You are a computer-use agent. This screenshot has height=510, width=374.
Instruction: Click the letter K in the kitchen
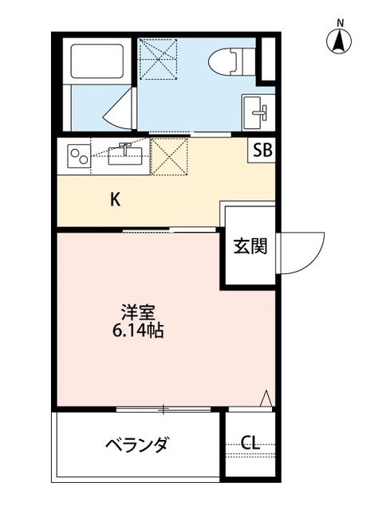(x=116, y=200)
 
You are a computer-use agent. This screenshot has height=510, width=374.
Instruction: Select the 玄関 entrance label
(x=250, y=246)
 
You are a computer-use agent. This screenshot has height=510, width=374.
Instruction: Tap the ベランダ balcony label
(x=136, y=445)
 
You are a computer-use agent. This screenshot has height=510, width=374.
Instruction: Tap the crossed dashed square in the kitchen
(x=168, y=155)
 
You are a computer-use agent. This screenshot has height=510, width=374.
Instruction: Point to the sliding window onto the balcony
(x=163, y=410)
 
